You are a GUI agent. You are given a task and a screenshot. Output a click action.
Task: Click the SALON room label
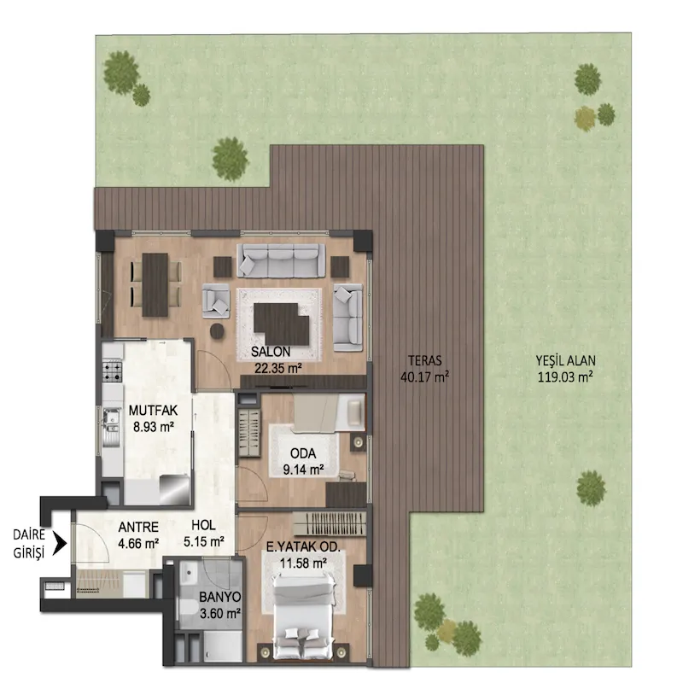270,351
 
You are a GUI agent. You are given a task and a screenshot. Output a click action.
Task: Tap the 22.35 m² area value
278,369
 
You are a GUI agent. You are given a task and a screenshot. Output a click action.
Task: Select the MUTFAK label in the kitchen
153,411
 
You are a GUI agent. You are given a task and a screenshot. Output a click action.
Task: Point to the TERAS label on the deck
424,360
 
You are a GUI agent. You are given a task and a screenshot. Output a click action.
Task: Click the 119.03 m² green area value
565,377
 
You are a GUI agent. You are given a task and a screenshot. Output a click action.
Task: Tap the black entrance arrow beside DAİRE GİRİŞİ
59,544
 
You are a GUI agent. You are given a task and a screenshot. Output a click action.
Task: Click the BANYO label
220,596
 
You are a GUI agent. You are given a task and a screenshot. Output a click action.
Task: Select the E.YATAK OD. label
303,547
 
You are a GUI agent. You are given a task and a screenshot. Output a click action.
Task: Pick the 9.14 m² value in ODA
303,470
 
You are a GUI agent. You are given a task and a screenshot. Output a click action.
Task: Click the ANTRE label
138,527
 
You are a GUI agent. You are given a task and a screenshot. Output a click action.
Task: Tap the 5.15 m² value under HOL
203,542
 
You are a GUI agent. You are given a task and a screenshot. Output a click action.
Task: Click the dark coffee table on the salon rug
281,324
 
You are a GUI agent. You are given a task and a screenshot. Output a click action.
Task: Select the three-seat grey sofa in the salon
281,260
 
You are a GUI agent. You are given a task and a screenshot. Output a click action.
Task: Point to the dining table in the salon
155,284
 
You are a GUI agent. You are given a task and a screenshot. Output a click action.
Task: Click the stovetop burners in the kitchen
113,371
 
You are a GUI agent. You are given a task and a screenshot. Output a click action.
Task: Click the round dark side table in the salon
218,331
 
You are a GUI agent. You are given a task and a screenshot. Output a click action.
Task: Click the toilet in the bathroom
188,607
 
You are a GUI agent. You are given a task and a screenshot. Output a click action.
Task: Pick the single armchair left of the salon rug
216,301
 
